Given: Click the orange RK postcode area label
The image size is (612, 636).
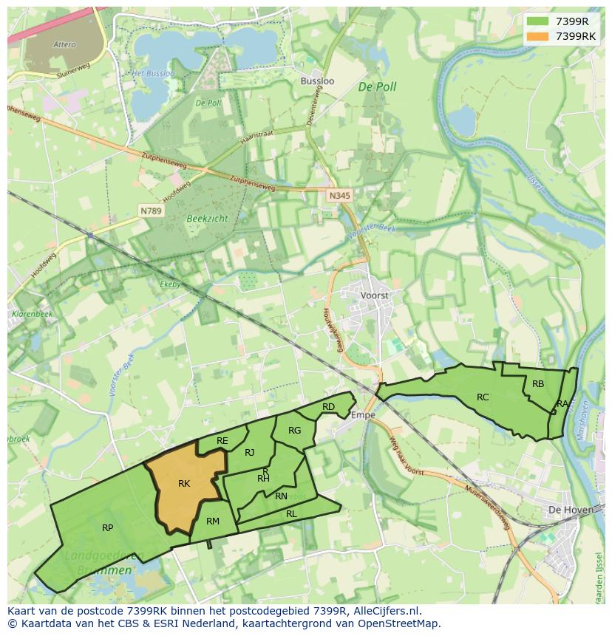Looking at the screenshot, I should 184,484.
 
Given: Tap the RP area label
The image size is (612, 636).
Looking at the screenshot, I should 108,528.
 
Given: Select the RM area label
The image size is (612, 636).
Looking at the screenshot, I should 213,522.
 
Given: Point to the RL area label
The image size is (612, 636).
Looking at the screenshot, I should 291,514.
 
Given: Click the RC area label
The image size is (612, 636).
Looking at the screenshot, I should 483,397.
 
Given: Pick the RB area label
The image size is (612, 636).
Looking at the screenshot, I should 538,384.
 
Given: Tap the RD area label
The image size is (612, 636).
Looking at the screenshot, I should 329,407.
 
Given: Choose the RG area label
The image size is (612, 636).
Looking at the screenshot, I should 295,431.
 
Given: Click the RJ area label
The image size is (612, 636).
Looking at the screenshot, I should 250,453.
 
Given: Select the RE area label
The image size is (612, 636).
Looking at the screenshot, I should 222,441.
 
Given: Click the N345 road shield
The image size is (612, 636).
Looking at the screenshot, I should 339,195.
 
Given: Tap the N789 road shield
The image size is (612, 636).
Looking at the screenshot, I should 152,211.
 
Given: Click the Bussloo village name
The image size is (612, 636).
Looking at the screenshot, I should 318,81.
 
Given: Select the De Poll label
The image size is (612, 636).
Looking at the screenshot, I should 377,87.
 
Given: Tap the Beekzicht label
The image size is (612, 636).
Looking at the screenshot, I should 208,219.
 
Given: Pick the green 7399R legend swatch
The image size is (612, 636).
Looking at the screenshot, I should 537,21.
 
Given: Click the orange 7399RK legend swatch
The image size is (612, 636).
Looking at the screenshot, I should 537,36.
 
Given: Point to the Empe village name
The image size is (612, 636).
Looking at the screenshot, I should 363,415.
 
